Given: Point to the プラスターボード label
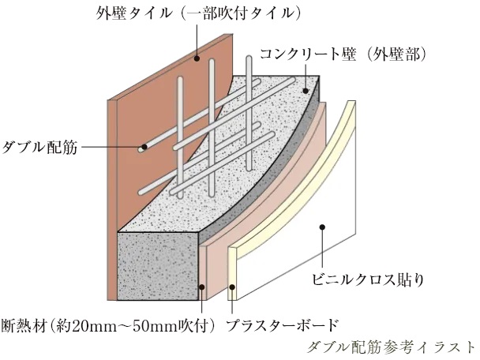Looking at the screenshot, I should click(282, 324).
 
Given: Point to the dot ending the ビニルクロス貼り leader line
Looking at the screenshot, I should click(322, 228).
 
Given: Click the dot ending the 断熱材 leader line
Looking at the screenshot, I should click(204, 287).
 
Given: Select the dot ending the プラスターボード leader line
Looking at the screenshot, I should click(231, 288).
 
